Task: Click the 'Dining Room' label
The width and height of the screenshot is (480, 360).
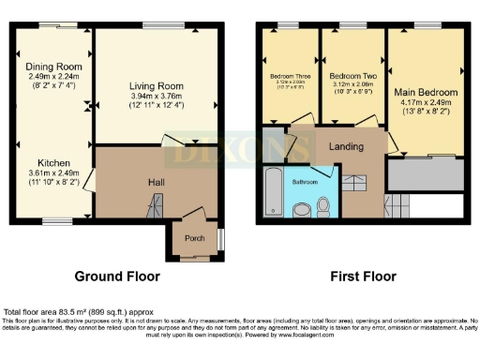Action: click(54, 67)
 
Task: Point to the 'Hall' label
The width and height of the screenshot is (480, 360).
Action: click(157, 182)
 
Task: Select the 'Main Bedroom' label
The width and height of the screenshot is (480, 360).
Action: click(426, 93)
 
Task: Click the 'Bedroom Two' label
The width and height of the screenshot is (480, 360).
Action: click(352, 75)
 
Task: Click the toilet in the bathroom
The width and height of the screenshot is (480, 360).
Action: click(323, 205)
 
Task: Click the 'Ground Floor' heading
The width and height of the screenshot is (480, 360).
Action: click(117, 277)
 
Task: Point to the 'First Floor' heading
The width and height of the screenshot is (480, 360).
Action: click(360, 277)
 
